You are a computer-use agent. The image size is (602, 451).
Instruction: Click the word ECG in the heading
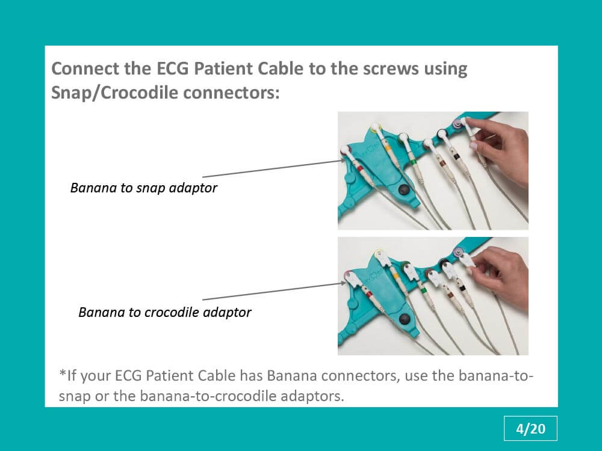172,69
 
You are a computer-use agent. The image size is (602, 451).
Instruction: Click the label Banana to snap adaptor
144,188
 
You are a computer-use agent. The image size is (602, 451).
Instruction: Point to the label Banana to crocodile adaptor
165,312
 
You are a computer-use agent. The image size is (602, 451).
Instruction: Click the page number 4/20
530,429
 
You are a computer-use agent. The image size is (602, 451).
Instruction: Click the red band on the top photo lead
360,169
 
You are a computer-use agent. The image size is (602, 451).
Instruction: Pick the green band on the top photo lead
414,164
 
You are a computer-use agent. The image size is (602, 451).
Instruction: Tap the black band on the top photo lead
456,156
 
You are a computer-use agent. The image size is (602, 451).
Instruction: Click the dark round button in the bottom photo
405,319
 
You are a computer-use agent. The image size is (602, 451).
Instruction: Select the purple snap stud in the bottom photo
458,252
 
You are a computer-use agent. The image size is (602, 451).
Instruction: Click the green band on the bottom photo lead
423,291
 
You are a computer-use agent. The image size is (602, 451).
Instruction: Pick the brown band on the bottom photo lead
448,296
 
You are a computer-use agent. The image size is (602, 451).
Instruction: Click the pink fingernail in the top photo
473,146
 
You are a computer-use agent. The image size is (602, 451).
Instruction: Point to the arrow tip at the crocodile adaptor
346,283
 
